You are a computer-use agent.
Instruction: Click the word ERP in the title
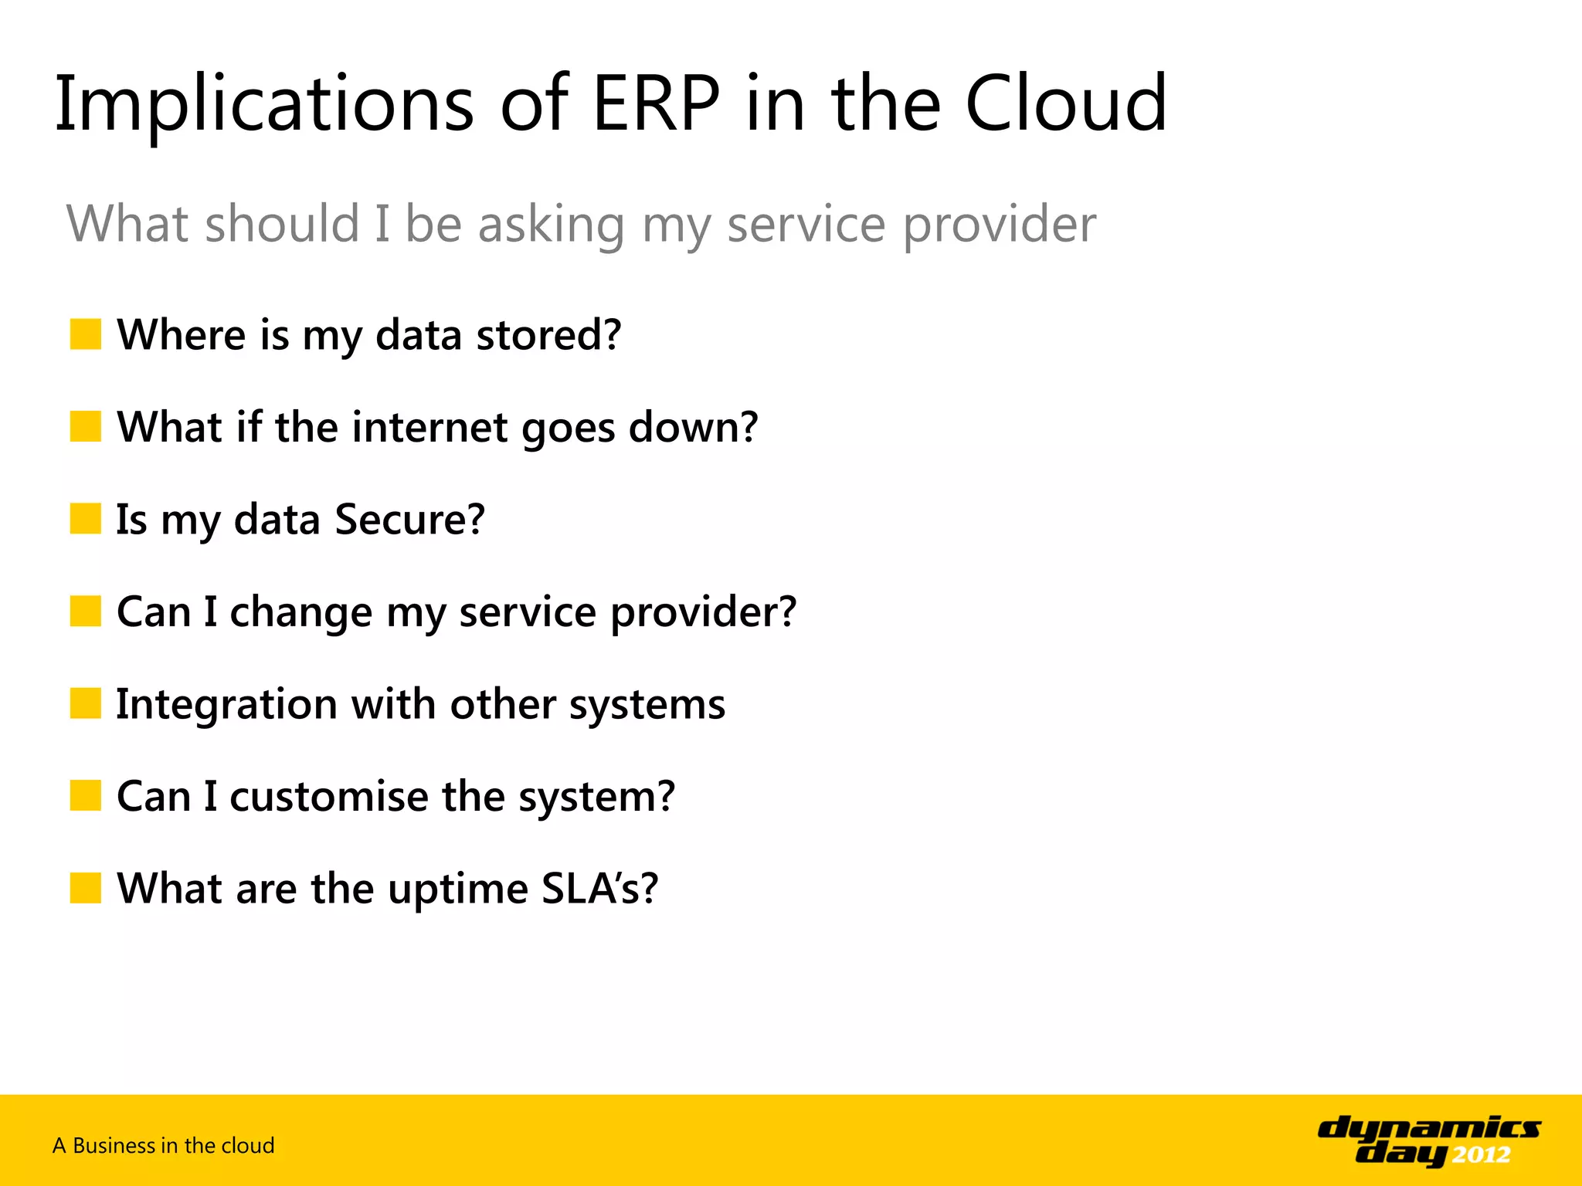(656, 104)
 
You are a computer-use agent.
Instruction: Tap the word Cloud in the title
(1066, 104)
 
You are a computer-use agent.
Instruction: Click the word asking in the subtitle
(551, 225)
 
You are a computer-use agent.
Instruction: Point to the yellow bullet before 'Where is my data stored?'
(86, 334)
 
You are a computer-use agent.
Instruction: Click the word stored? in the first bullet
(548, 335)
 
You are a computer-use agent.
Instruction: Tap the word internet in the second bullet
(429, 427)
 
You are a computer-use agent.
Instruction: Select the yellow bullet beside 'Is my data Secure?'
(86, 519)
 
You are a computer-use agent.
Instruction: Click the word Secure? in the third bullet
(410, 519)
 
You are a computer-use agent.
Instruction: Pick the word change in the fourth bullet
(301, 612)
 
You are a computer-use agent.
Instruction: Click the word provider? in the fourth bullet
(703, 612)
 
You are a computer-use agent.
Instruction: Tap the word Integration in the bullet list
(226, 704)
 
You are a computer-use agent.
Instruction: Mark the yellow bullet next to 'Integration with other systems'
(86, 703)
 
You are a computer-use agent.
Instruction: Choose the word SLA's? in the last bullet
(599, 888)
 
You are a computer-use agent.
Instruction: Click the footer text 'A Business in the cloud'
(164, 1146)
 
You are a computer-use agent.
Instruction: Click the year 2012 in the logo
(1481, 1155)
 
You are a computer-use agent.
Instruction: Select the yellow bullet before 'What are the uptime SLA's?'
(86, 888)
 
